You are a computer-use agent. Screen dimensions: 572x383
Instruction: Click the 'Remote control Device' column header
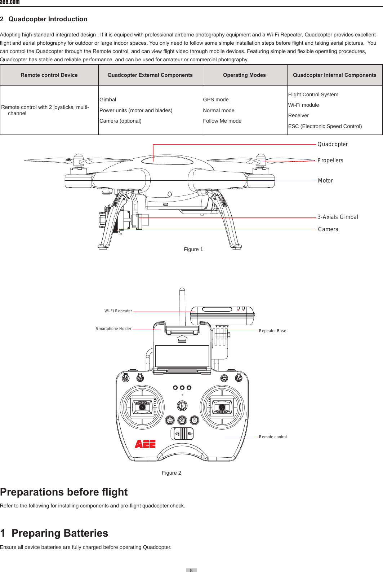(x=49, y=75)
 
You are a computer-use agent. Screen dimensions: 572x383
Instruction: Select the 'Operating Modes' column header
(x=244, y=75)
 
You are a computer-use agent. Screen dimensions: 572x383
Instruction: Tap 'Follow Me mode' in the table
(x=222, y=121)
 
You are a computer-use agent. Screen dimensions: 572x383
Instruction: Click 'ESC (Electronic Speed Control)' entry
(x=325, y=126)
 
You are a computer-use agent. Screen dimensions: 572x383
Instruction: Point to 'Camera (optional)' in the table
(x=120, y=121)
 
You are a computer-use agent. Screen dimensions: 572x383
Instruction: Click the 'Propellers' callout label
(x=330, y=160)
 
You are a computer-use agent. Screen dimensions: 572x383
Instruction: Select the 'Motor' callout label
(x=325, y=181)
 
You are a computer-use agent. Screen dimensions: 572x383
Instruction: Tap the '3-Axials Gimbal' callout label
(x=338, y=217)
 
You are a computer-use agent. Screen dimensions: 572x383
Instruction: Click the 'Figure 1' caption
(x=193, y=249)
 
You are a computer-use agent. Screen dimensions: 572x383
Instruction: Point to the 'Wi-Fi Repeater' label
(x=118, y=311)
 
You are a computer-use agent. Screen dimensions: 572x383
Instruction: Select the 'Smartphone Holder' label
(x=113, y=329)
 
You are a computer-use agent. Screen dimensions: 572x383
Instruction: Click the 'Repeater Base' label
(x=272, y=331)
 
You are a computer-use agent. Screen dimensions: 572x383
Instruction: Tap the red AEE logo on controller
(x=145, y=444)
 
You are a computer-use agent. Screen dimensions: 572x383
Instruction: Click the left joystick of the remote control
(x=142, y=407)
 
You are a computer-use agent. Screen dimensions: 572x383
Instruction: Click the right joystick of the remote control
(x=222, y=407)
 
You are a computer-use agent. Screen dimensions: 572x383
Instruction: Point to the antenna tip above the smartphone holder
(x=182, y=290)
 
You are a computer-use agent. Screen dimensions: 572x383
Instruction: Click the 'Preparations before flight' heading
(x=64, y=492)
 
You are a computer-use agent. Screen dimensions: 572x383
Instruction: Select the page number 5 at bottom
(x=191, y=570)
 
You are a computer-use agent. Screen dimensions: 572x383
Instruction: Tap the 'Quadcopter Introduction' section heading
(x=48, y=19)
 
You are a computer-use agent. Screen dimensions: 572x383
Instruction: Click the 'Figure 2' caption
(x=172, y=473)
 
